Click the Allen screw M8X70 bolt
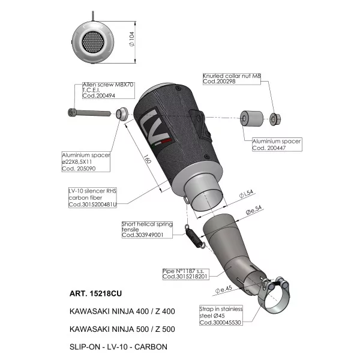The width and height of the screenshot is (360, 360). pos(89,113)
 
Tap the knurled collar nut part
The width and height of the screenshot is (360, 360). pos(275,119)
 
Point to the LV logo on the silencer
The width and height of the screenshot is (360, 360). pos(154,127)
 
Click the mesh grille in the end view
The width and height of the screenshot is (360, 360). pos(93,42)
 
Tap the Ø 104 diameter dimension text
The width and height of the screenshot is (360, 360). pos(132,39)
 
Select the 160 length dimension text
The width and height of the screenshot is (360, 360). pos(147,159)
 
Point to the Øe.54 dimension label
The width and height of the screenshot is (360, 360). pos(253,210)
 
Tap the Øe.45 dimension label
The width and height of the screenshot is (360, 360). pos(223,290)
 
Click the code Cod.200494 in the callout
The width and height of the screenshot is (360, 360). pos(99,96)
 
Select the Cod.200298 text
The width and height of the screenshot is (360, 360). pos(219,81)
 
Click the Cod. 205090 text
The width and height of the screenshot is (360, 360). pos(79,169)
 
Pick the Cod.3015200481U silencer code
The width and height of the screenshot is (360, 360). pos(92,205)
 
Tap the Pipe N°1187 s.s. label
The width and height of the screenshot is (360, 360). pos(183,271)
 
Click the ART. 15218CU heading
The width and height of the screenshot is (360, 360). pos(95,293)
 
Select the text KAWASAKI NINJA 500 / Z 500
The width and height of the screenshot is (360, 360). pos(122,329)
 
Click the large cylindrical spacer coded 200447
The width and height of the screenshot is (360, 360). pos(252,118)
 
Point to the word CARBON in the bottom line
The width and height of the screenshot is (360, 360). pos(151,347)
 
